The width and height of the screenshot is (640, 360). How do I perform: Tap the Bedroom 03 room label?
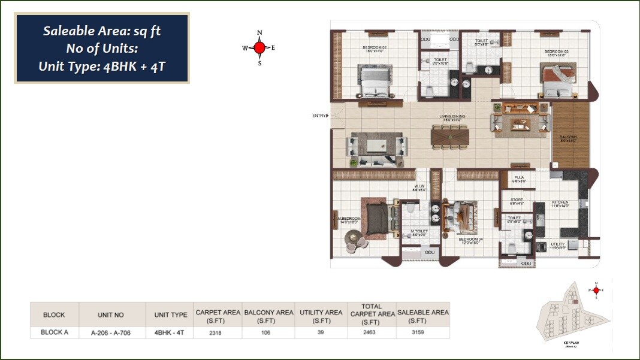pos(556,52)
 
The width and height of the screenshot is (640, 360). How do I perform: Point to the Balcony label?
pos(568,137)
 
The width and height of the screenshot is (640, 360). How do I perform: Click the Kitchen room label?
pos(560,202)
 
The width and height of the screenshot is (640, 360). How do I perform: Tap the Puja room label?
pos(519,178)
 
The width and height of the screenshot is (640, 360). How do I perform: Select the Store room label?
pos(517,200)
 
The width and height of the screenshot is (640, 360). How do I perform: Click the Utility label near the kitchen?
pos(558,244)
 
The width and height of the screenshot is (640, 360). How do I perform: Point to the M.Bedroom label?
pos(349,219)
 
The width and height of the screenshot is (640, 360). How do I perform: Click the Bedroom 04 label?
pos(470,239)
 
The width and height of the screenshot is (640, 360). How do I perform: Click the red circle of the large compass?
pos(259,47)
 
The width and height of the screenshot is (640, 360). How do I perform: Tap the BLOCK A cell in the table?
pos(53,331)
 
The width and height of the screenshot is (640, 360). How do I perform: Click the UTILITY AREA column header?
pos(321,313)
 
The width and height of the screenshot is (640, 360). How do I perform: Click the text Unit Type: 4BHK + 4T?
pos(102,66)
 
